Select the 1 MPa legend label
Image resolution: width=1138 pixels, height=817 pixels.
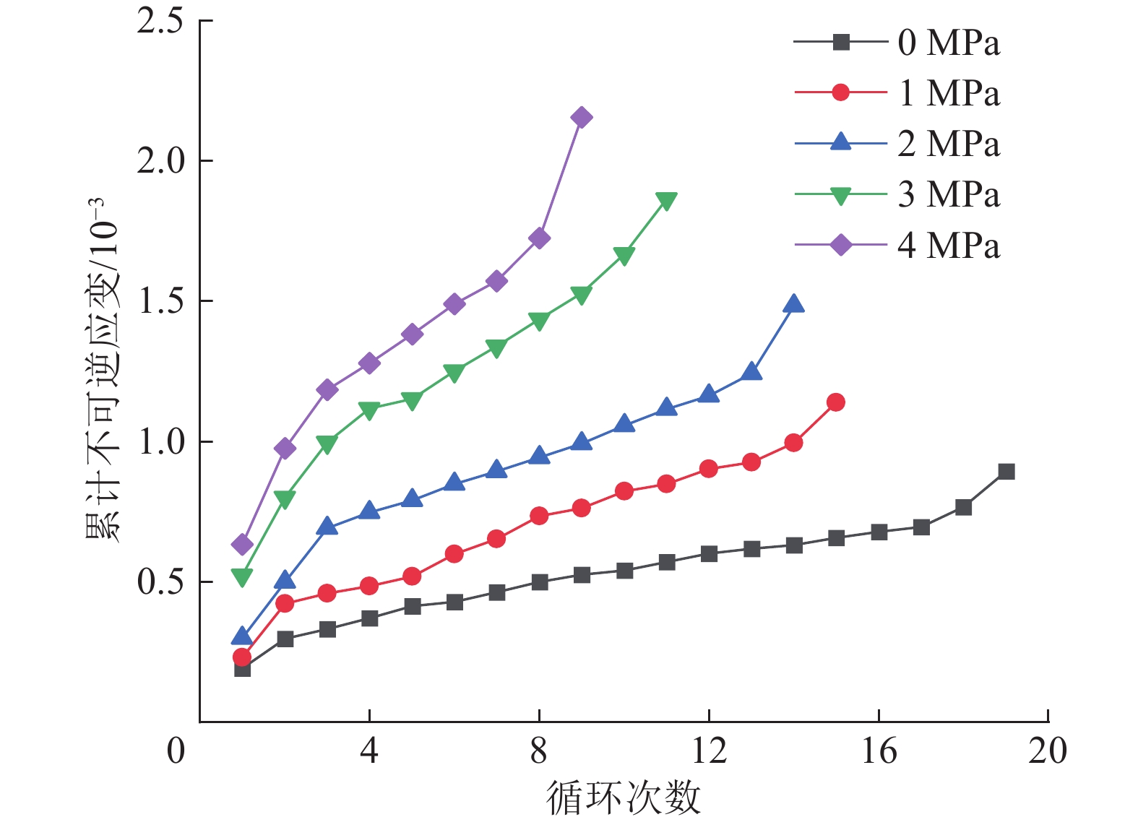coord(948,93)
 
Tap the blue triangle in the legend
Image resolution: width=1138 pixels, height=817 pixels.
coord(840,142)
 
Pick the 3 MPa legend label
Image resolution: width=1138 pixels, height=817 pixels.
coord(948,195)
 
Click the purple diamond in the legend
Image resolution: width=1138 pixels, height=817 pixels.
coord(840,246)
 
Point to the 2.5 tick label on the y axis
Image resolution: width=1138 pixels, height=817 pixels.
coord(160,21)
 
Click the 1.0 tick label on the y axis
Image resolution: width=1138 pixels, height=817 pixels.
coord(160,442)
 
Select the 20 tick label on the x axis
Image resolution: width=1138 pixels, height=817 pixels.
coord(1048,751)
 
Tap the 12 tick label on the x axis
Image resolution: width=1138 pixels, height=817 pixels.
coord(709,751)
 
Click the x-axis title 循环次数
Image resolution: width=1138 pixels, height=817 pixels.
coord(623,797)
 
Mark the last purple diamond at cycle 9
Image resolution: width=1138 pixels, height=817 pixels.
coord(582,118)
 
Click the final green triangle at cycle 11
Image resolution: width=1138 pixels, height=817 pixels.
coord(666,201)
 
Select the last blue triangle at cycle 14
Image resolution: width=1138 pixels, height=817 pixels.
coord(793,304)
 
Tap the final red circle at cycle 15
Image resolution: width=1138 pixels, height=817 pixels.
coord(836,402)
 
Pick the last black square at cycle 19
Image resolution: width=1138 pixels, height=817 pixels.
coord(1006,472)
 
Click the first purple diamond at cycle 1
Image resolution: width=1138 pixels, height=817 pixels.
coord(242,544)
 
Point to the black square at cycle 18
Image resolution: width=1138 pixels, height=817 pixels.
coord(963,507)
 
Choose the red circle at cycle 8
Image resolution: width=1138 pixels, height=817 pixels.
coord(539,516)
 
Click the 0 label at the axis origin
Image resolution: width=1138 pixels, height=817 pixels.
coord(176,751)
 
